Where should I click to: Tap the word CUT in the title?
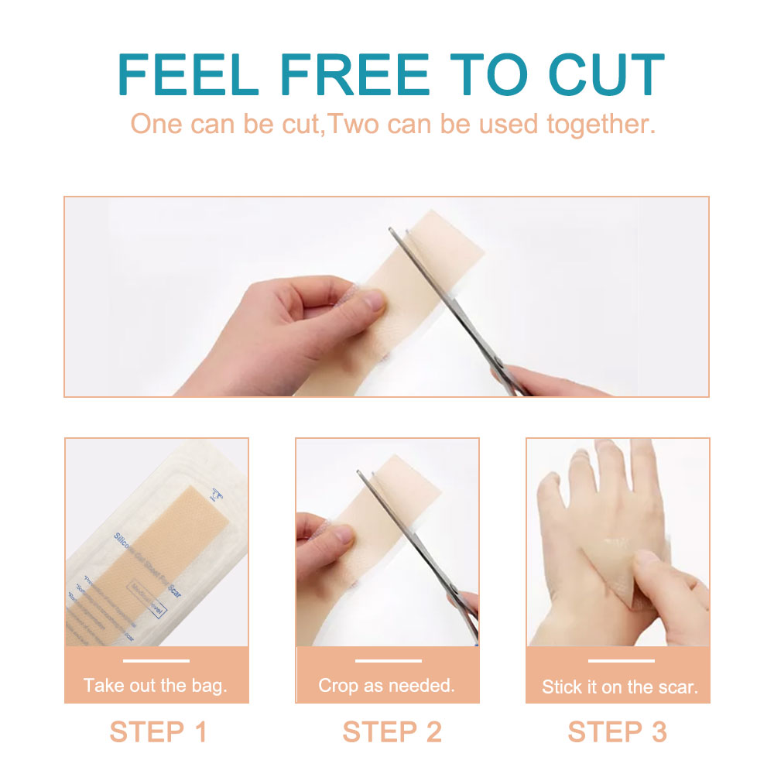click(606, 75)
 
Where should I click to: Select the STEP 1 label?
click(158, 731)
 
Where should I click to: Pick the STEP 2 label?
click(392, 731)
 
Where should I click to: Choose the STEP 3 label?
click(617, 731)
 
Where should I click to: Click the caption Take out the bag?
click(156, 685)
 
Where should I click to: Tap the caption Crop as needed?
click(387, 685)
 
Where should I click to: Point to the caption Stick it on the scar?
click(619, 687)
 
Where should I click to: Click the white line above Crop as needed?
click(388, 661)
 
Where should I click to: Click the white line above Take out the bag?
click(156, 661)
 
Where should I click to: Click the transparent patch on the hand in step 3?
click(615, 553)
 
